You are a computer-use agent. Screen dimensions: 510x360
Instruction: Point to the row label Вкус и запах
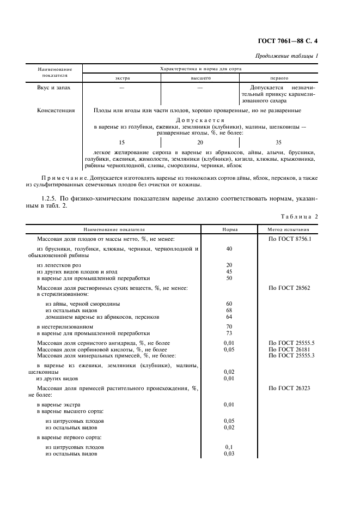[54, 87]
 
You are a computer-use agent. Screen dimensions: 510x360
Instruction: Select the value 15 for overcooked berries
[121, 142]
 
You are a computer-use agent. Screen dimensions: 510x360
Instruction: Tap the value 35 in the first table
[278, 142]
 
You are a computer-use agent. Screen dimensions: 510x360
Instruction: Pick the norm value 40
[229, 248]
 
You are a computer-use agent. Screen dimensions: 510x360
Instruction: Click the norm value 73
[229, 332]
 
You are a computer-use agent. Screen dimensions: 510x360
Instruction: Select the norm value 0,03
[229, 453]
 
